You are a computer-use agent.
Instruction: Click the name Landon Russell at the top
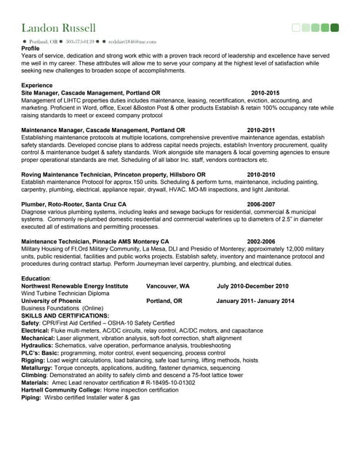pyautogui.click(x=58, y=28)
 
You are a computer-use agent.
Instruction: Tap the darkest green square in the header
pyautogui.click(x=335, y=28)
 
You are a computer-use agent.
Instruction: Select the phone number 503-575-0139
pyautogui.click(x=80, y=42)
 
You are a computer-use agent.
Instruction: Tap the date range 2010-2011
pyautogui.click(x=261, y=130)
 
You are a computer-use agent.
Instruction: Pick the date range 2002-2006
pyautogui.click(x=261, y=241)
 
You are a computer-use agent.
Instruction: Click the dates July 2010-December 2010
pyautogui.click(x=252, y=286)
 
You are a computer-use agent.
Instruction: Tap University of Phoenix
pyautogui.click(x=55, y=300)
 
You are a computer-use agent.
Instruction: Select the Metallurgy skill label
pyautogui.click(x=39, y=367)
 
